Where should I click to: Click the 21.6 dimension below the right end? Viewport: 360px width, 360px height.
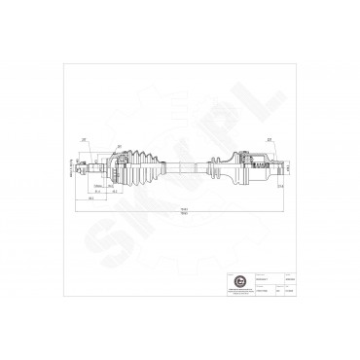[278, 185]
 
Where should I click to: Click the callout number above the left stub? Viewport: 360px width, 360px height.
[86, 140]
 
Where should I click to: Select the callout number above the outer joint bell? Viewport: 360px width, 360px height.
[119, 147]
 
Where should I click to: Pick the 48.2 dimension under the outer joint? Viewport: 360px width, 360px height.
[114, 192]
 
